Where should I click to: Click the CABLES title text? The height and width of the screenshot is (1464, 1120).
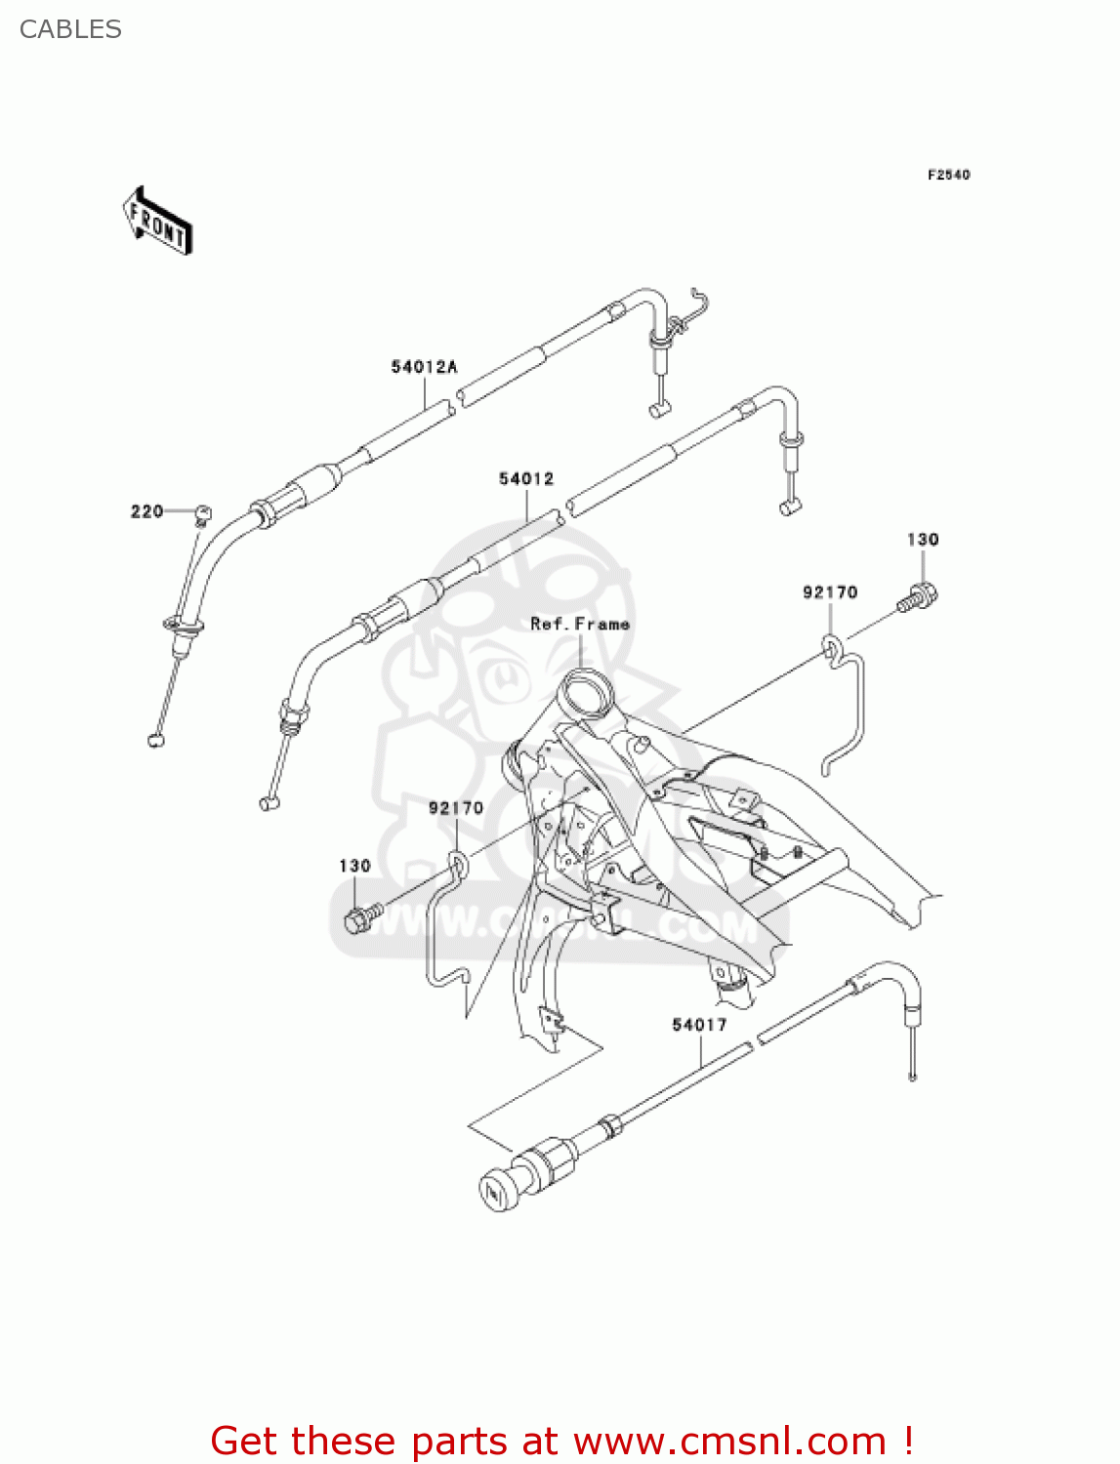(70, 29)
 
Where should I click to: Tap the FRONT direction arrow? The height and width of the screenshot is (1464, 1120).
(157, 222)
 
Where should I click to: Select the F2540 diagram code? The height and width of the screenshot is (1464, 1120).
(948, 175)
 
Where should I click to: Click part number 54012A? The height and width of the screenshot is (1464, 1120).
(424, 367)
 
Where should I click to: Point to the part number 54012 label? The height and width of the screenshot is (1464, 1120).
(526, 478)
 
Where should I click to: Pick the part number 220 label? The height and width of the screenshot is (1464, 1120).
(146, 511)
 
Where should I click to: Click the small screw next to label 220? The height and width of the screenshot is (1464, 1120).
(203, 511)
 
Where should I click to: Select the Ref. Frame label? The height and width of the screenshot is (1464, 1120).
(580, 624)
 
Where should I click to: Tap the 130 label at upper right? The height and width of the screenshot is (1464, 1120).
(923, 539)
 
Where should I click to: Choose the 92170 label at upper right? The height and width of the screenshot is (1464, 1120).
(830, 592)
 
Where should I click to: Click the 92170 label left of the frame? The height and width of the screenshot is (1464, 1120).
(456, 807)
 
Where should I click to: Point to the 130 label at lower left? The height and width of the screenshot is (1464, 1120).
(354, 866)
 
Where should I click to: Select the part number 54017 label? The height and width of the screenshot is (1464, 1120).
(699, 1024)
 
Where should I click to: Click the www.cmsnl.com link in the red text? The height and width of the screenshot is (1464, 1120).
(728, 1441)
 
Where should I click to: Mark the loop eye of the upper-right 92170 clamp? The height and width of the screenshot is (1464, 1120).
(830, 645)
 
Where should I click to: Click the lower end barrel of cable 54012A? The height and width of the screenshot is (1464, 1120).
(156, 740)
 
